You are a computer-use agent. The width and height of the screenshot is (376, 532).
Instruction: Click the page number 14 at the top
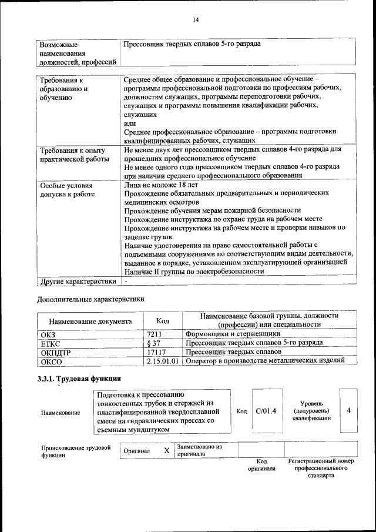[196, 20]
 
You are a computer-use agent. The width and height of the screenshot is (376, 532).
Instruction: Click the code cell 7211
[155, 334]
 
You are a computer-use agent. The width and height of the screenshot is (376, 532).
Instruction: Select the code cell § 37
[154, 343]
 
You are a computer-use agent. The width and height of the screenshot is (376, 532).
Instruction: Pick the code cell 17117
[157, 352]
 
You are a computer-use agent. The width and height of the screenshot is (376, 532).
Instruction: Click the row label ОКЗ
[48, 334]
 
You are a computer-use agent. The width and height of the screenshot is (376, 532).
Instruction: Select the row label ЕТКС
[50, 343]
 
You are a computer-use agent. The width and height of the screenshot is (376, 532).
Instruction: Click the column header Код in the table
[163, 320]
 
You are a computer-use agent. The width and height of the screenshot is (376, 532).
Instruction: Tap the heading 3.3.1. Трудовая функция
[79, 378]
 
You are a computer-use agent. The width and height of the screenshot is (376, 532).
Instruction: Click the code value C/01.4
[266, 410]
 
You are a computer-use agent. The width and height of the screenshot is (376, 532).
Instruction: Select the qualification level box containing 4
[348, 410]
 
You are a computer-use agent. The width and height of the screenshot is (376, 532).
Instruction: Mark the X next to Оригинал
[166, 450]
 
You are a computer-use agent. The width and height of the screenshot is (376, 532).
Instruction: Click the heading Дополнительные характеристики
[90, 299]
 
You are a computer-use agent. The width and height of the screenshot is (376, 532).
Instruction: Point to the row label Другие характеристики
[78, 281]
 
